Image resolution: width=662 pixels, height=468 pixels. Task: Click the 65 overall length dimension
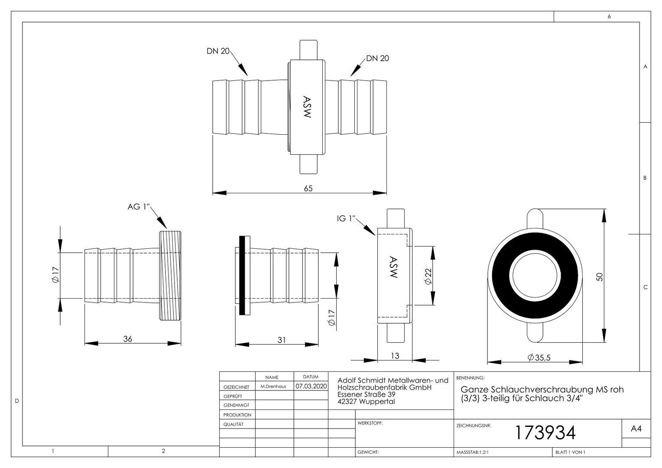point(308,188)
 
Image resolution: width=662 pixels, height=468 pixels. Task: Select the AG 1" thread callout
point(139,207)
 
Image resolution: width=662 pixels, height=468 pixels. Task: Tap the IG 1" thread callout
point(346,218)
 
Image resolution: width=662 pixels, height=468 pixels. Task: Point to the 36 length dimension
point(127,339)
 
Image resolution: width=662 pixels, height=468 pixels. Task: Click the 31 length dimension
point(281,340)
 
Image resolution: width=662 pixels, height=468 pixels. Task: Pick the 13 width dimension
point(395,356)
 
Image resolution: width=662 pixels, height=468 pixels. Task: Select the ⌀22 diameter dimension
point(428,276)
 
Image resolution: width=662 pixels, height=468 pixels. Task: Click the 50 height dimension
point(599,277)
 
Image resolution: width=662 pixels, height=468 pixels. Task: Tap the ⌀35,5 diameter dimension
point(539,358)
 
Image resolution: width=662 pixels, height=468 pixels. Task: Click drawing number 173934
point(545,432)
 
